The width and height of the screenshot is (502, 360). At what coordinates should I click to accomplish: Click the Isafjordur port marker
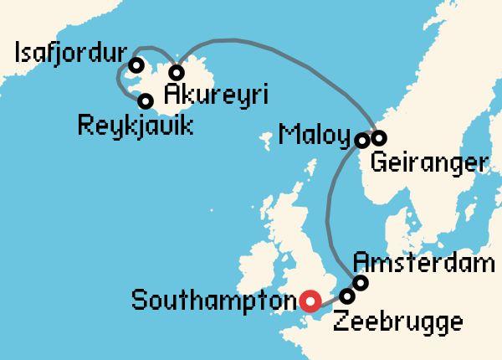[136, 65]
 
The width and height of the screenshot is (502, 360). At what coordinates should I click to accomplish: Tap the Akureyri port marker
[177, 72]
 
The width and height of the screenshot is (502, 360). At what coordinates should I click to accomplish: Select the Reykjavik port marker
[146, 101]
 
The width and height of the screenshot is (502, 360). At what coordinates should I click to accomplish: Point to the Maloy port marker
[362, 140]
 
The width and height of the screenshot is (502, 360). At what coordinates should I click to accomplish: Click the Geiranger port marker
[378, 137]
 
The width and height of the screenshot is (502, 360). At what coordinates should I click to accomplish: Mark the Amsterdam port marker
[361, 283]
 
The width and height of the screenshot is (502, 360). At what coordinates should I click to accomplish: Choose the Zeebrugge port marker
[347, 296]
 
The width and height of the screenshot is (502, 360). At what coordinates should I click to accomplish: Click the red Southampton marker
[310, 301]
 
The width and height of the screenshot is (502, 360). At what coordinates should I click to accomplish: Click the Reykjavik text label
[135, 127]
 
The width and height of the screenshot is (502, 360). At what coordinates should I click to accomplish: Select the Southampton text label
[214, 300]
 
